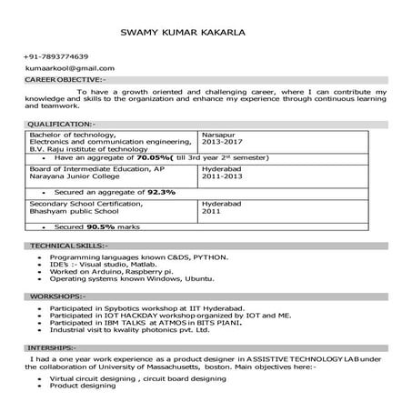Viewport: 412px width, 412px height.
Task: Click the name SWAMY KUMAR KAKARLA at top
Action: click(182, 34)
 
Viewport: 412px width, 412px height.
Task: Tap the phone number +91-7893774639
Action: click(57, 56)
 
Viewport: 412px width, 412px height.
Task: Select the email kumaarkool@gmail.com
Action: click(71, 68)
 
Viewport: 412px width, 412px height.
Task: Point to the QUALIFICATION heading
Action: click(60, 123)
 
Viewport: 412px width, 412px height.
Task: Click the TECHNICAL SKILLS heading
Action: click(68, 246)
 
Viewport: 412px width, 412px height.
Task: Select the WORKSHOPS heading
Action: click(58, 296)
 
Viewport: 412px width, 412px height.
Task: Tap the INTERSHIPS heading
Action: click(53, 347)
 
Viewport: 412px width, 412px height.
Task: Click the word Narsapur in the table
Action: click(219, 135)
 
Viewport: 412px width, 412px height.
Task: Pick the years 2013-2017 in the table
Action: click(223, 143)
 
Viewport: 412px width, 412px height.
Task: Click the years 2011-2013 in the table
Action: click(223, 177)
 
